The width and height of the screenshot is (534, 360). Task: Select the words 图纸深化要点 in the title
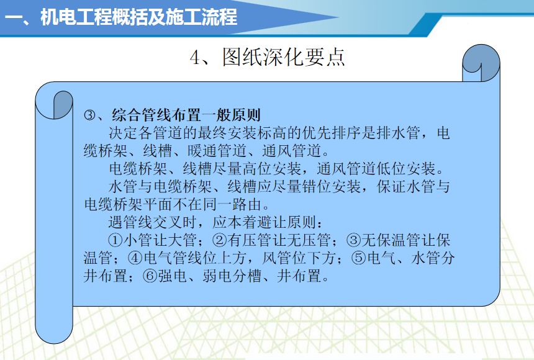284,56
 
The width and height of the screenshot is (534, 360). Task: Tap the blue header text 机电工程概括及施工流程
138,17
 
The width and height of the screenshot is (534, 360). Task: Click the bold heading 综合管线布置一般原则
186,115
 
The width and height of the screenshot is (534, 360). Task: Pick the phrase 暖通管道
217,151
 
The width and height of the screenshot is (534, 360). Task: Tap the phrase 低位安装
406,169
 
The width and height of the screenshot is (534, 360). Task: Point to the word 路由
247,204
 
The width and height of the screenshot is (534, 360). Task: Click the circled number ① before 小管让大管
115,240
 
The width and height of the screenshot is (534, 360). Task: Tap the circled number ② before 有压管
220,240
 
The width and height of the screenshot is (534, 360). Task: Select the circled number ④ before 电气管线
135,258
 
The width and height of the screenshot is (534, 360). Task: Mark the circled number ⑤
359,258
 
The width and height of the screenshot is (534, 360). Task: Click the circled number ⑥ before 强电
150,276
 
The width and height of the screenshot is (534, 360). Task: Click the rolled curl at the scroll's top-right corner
481,63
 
